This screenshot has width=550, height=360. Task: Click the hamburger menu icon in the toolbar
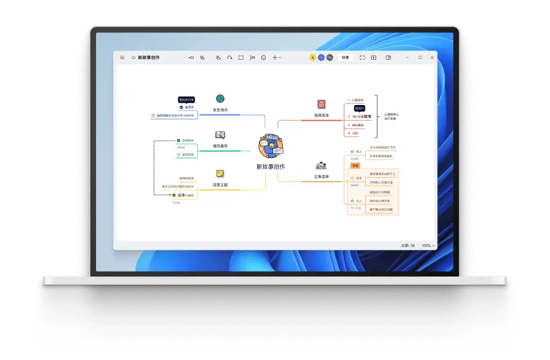(122, 58)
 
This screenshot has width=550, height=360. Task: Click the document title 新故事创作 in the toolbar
(149, 58)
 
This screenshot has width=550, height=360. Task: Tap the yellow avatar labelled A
(313, 58)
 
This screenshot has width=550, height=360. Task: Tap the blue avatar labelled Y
(321, 58)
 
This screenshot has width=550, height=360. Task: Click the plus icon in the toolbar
(274, 58)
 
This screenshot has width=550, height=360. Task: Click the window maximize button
(420, 58)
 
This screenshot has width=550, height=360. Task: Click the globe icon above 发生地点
(220, 99)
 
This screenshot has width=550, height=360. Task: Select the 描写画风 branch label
(221, 146)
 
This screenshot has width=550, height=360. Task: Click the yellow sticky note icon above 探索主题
(221, 174)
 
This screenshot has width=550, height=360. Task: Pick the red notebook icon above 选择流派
(321, 104)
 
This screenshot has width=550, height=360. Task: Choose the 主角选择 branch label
(321, 176)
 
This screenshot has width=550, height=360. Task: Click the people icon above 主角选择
(321, 165)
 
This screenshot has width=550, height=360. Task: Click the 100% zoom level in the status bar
(427, 246)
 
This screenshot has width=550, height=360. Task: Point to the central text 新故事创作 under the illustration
(270, 167)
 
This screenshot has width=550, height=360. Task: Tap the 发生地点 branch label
(221, 110)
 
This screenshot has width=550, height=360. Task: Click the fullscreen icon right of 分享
(362, 58)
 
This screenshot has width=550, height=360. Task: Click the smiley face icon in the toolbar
(263, 58)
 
